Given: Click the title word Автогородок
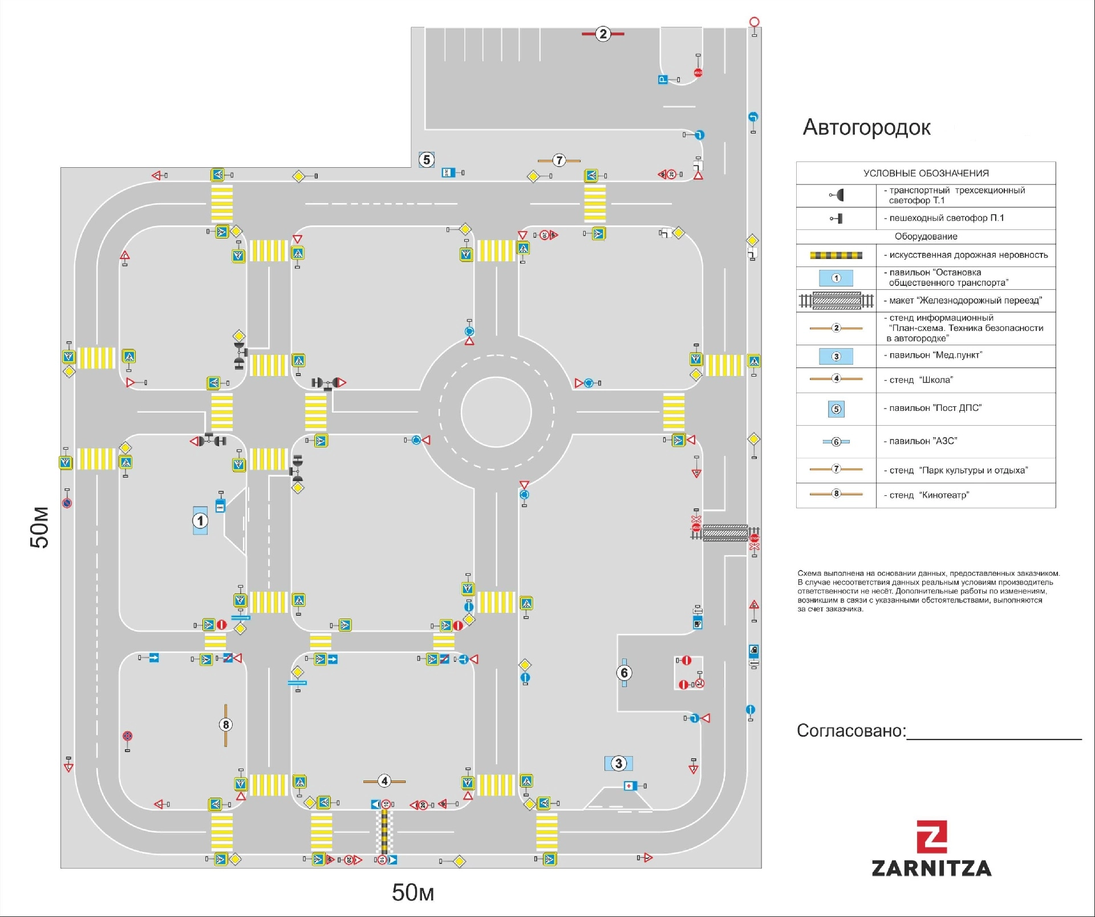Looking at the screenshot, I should pos(866,127).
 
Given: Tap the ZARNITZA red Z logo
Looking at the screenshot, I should pos(932,837).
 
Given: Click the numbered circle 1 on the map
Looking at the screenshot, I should pos(200,520).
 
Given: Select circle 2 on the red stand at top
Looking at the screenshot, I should pos(603,34).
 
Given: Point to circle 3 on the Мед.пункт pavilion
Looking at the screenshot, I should pos(619,764).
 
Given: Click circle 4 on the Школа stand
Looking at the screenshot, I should pos(384,781).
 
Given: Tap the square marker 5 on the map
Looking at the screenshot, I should pos(427,160).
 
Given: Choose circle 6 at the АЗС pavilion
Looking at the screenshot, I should pos(624,673).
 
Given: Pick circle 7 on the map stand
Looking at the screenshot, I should pos(559,161).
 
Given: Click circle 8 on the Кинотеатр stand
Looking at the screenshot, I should pos(226,725).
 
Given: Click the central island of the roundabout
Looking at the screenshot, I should pos(496,411).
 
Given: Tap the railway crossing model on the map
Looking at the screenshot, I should pos(725,533).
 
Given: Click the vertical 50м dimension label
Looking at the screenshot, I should pos(40,527).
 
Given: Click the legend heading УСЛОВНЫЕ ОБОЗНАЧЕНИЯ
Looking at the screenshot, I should pos(926,173).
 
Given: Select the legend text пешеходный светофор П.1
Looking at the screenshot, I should pos(946,218).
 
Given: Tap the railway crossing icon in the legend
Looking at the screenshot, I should pos(836,300).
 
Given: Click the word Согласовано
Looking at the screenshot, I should pos(851,731).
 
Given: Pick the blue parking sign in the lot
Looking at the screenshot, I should pos(663,80).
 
